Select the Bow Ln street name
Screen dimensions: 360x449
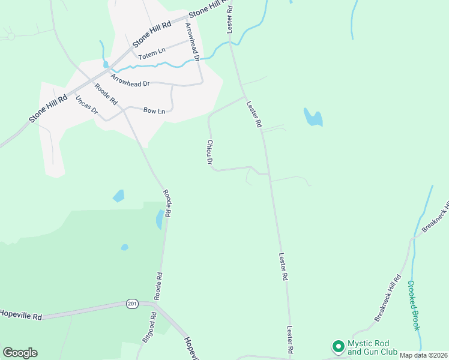(x=154, y=110)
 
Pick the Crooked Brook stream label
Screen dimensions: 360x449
(x=414, y=305)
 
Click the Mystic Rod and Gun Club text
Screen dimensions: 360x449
(x=373, y=348)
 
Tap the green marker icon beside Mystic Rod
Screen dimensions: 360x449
(x=338, y=347)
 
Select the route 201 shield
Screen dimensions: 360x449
(x=132, y=304)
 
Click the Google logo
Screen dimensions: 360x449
(x=20, y=353)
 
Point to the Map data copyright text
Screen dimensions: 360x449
(x=424, y=355)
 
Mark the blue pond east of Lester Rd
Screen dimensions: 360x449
(x=313, y=118)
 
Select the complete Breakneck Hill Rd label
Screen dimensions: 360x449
(x=388, y=299)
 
